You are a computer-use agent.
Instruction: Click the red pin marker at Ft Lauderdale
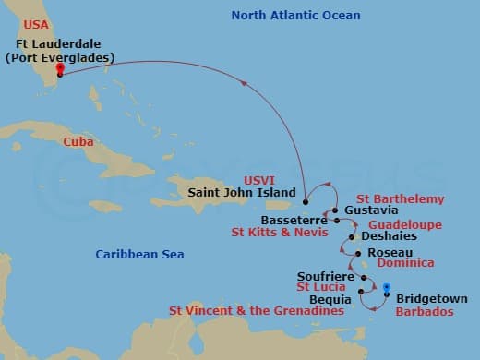point(59,68)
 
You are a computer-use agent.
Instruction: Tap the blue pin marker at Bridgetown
point(386,288)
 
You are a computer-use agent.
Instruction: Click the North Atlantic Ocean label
point(295,16)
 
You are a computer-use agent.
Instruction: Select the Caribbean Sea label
point(139,254)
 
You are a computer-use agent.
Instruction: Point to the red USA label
point(37,23)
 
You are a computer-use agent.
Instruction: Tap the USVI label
point(284,180)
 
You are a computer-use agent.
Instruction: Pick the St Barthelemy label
point(400,198)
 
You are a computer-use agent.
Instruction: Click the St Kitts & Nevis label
point(278,234)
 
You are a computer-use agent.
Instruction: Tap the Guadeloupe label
point(404,224)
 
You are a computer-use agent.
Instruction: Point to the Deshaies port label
point(389,236)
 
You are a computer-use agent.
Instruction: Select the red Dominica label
point(401,263)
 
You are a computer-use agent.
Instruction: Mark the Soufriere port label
point(327,276)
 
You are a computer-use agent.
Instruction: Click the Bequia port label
point(331,299)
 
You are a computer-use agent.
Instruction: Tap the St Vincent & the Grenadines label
point(257,311)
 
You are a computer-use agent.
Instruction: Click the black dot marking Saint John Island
point(305,201)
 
